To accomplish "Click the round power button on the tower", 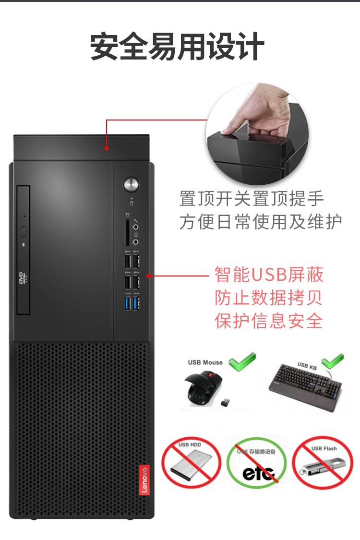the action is (131, 184).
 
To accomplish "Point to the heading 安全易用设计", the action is (177, 47).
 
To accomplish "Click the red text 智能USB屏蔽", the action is (269, 275).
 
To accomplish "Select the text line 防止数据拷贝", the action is (268, 298).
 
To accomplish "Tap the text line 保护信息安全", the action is (269, 321).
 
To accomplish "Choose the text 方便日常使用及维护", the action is (261, 221).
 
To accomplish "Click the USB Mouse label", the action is (205, 362).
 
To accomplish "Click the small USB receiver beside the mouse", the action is (225, 402).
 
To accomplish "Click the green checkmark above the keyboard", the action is (333, 361).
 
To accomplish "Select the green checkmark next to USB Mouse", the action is (242, 361).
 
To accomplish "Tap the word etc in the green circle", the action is (259, 473).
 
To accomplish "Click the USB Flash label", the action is (324, 448).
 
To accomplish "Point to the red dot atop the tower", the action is (107, 148).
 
